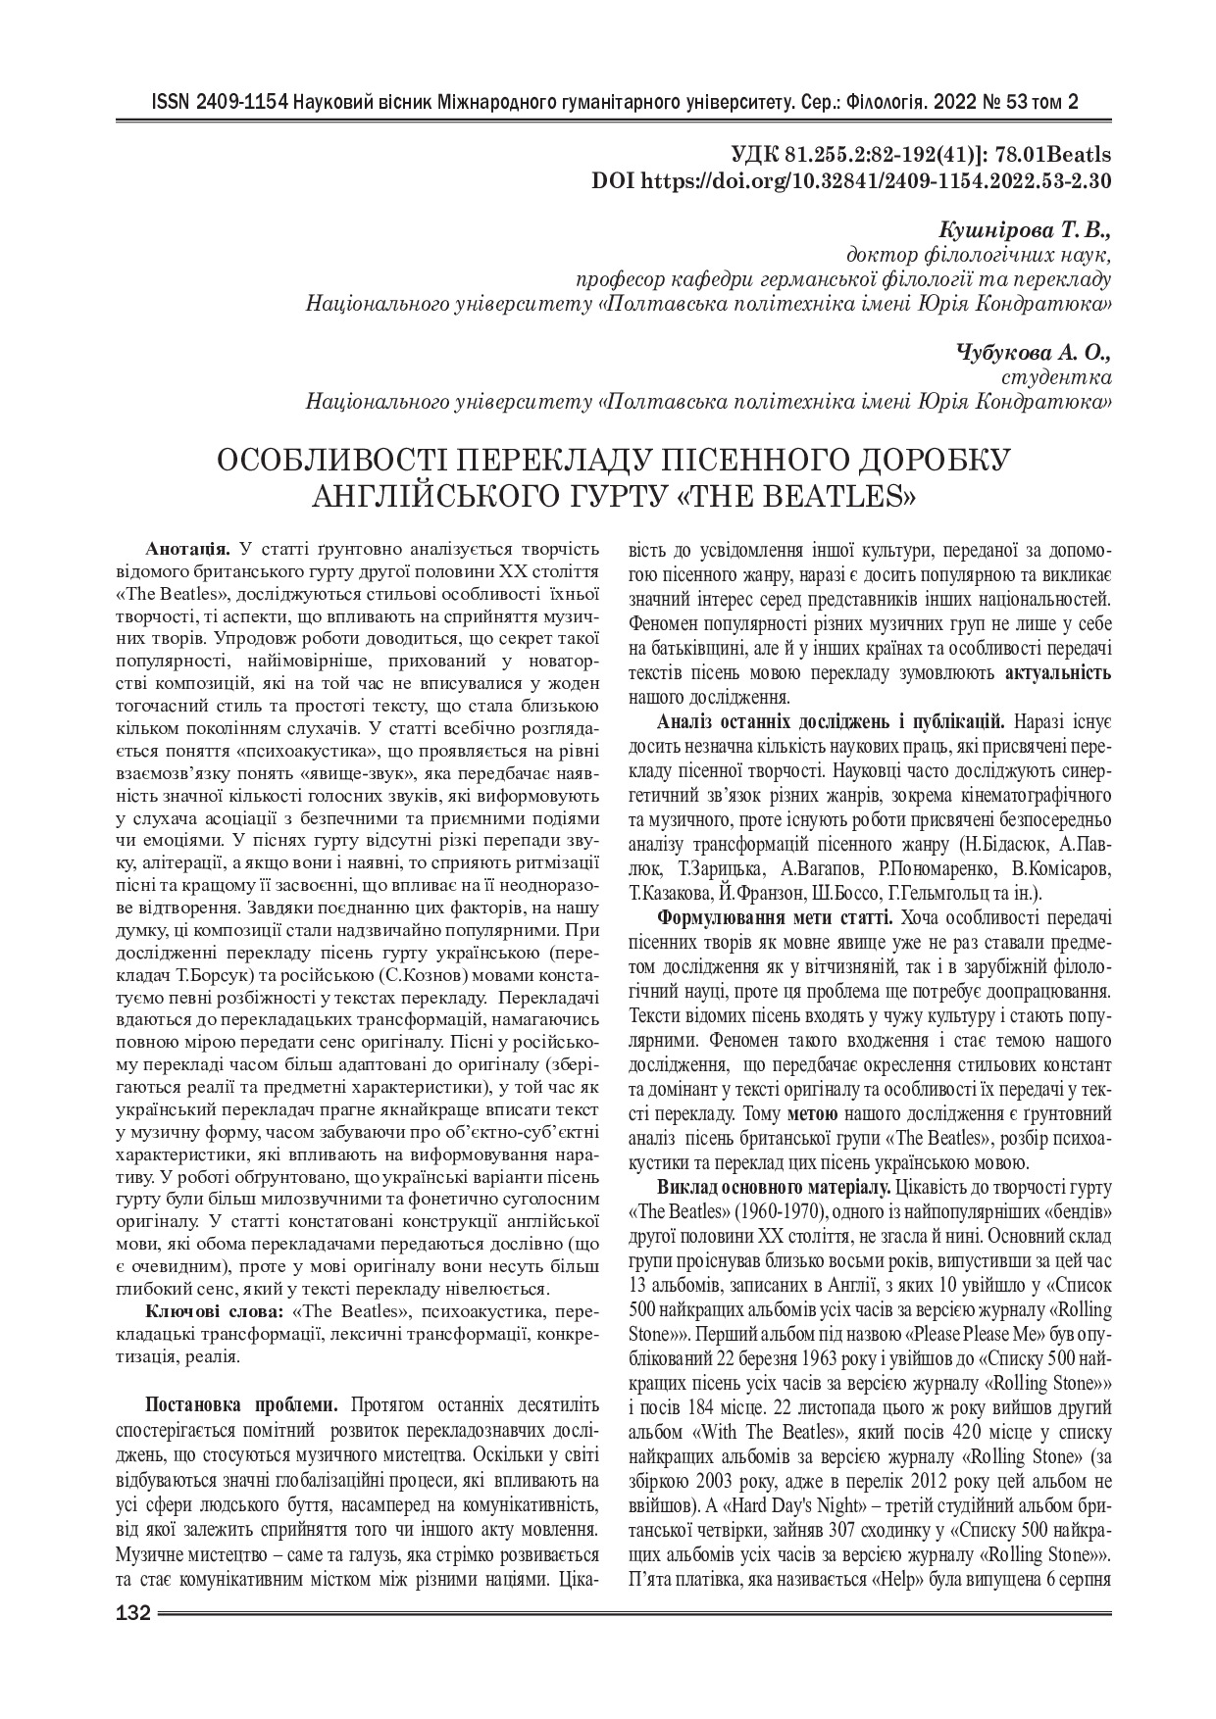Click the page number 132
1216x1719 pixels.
click(x=131, y=1614)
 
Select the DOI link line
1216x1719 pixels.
click(x=852, y=180)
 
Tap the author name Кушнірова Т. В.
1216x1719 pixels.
click(x=1025, y=231)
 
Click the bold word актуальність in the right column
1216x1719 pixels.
click(x=1058, y=673)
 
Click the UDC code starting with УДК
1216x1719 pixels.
click(x=921, y=156)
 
